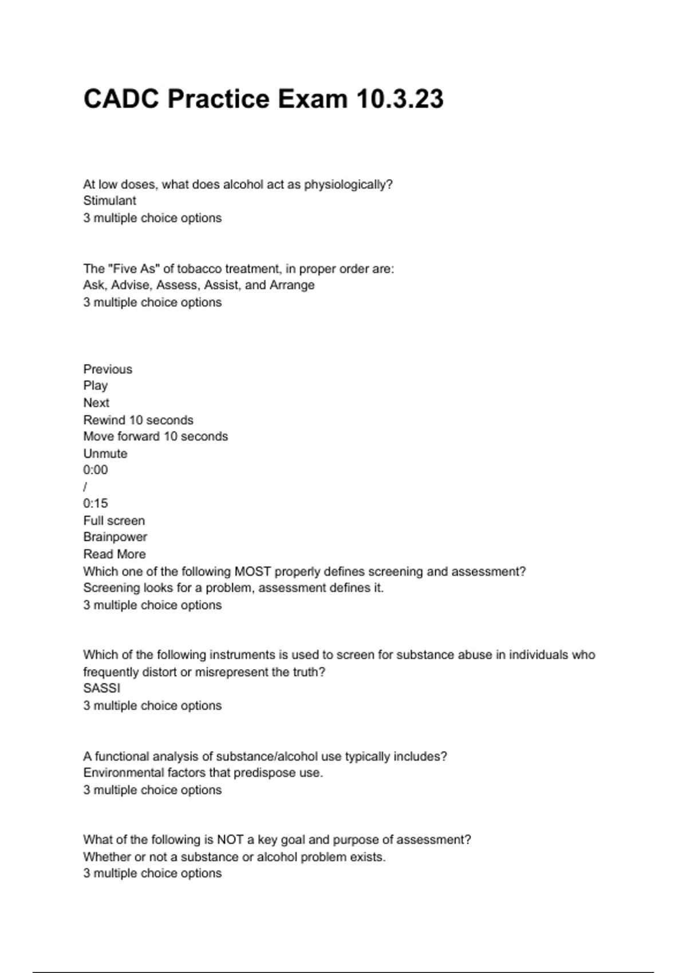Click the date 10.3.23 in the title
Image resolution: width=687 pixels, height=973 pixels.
point(400,99)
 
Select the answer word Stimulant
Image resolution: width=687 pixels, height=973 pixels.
point(109,201)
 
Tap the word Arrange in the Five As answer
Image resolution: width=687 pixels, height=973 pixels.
point(292,285)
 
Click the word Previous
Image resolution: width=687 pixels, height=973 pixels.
point(108,369)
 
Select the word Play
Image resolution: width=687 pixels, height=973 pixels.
point(95,386)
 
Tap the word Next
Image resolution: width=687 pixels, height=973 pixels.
point(96,403)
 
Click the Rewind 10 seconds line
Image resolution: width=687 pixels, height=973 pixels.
point(138,420)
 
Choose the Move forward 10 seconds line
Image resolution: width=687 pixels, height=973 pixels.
point(155,437)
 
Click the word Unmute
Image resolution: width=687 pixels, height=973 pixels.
point(105,454)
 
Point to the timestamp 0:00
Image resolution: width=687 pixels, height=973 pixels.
point(95,470)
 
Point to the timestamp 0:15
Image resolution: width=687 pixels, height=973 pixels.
point(95,504)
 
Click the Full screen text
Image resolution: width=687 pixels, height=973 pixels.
point(114,521)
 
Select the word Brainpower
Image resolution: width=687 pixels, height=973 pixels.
point(115,537)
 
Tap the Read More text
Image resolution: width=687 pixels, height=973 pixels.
point(114,555)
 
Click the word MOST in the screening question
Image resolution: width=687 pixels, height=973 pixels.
point(252,572)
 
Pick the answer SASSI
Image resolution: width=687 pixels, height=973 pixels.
point(101,689)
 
